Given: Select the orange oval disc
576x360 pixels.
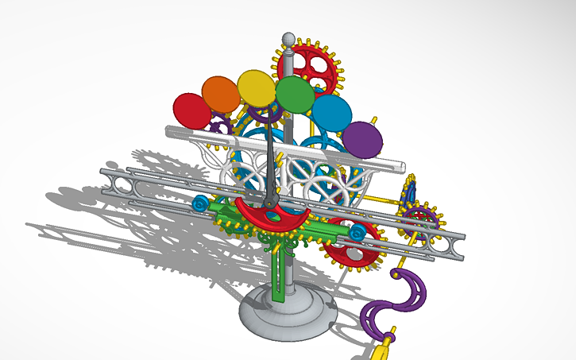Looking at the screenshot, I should (x=220, y=94).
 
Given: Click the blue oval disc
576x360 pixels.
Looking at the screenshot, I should (x=332, y=113).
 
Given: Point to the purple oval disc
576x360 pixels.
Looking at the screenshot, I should (x=363, y=139).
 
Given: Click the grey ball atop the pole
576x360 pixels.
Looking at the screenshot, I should (x=289, y=38).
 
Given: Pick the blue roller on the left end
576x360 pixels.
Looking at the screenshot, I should (x=200, y=205).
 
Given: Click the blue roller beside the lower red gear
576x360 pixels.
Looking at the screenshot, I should (x=358, y=233).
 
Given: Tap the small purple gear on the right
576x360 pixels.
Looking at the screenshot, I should (x=419, y=216).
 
